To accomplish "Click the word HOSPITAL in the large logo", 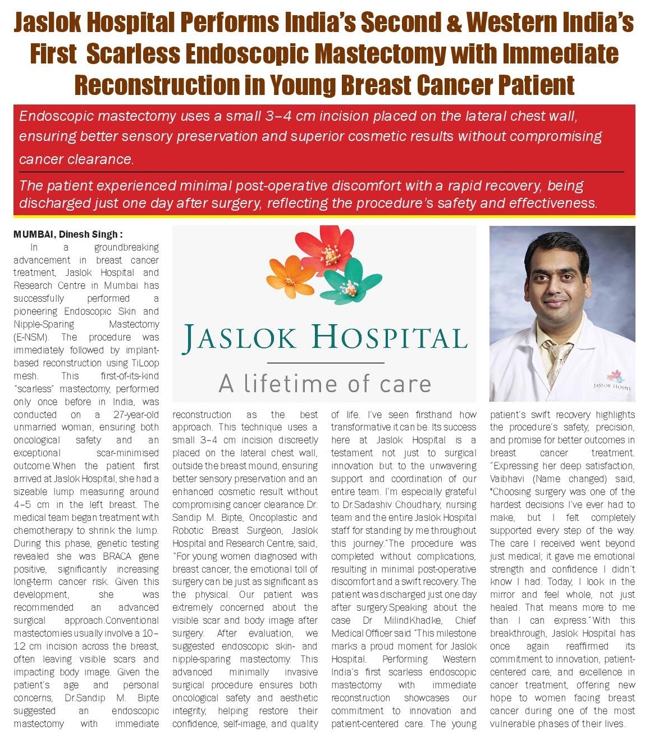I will [390, 337].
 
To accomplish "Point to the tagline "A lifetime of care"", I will [324, 384].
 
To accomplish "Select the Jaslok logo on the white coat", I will [614, 381].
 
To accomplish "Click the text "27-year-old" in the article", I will [136, 415].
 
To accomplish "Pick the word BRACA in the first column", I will [120, 556].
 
